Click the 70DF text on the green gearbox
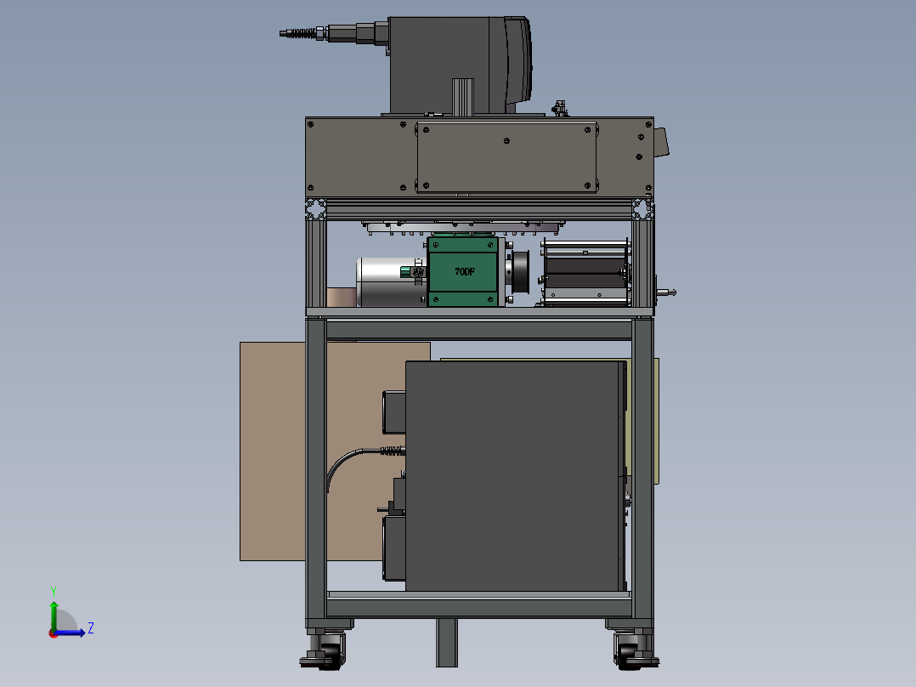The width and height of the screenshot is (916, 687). coord(465,271)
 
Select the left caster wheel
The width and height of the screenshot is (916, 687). coord(325,650)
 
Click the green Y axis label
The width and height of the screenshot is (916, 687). coord(54,591)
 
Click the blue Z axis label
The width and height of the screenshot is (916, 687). coord(91,628)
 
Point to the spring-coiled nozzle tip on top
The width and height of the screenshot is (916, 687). coord(298,33)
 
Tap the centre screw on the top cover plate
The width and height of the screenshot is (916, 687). coord(506,141)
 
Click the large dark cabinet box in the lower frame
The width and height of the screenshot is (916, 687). coord(515,476)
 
